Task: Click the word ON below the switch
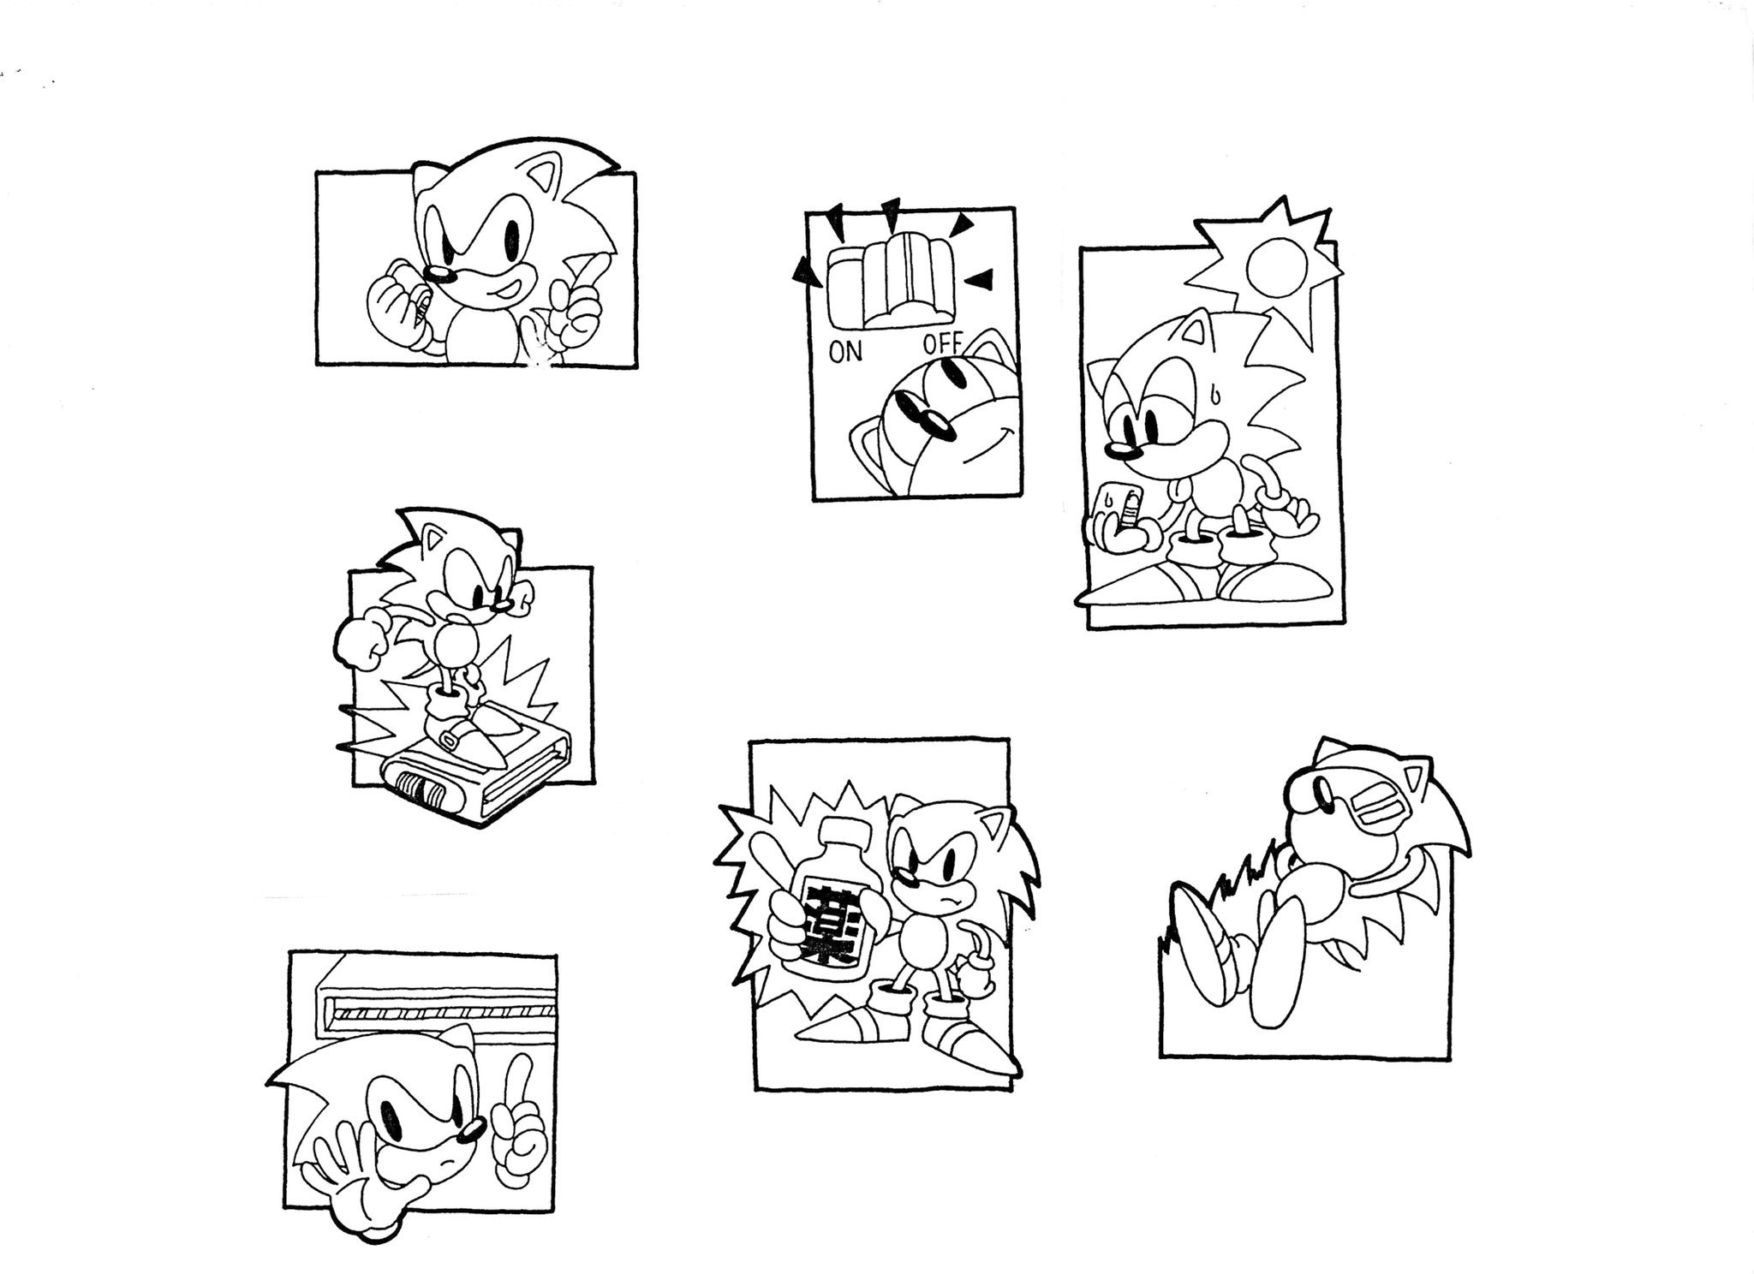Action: pos(845,353)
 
